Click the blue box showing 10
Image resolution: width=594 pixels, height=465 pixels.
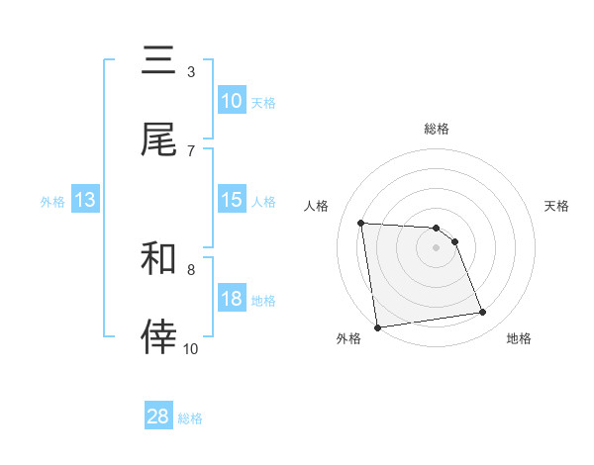231,101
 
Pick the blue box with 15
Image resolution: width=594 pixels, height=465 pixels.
231,200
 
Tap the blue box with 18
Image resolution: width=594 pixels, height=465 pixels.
231,299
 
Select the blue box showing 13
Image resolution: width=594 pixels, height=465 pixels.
85,200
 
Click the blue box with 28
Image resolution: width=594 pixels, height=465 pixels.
158,417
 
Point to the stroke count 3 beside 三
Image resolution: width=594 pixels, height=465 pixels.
190,72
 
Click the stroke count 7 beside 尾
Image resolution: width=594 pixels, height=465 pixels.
190,150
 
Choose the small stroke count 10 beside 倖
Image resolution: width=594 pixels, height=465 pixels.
190,348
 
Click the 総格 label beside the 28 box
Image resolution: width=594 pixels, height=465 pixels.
190,418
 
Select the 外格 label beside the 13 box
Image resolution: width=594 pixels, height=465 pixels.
52,202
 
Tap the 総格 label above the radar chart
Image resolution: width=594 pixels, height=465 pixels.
437,129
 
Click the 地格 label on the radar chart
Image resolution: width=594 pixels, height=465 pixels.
519,338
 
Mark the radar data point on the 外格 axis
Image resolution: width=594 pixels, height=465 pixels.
377,326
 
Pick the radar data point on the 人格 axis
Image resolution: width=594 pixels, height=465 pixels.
361,223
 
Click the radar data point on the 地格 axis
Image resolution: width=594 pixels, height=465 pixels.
483,313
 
